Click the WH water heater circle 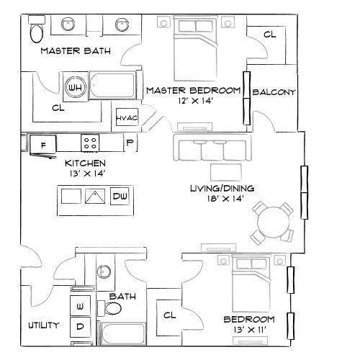(x=73, y=87)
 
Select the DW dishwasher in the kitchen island (x=120, y=196)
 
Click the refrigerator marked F (x=42, y=145)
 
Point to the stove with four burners (x=91, y=143)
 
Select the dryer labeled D (x=80, y=327)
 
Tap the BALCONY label (x=274, y=93)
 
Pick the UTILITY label (x=43, y=325)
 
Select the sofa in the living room (x=211, y=149)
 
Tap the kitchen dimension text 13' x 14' (x=86, y=174)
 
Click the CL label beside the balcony (x=269, y=34)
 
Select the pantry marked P (x=130, y=143)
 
